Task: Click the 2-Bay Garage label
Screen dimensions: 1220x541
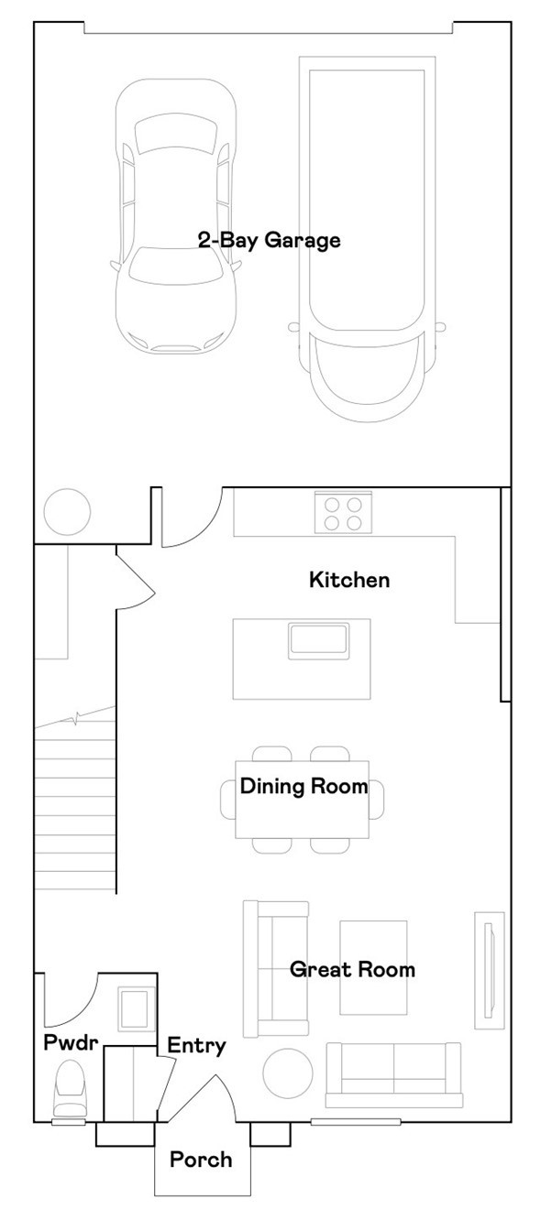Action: click(x=269, y=241)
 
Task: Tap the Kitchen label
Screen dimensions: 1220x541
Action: click(x=348, y=580)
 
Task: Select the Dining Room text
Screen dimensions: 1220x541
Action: click(x=304, y=787)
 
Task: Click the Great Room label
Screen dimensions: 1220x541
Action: click(x=352, y=969)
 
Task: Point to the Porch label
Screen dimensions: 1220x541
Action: click(x=201, y=1160)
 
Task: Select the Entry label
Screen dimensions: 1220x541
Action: click(x=196, y=1046)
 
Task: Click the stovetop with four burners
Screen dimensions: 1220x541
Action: click(x=343, y=513)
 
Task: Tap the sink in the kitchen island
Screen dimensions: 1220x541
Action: click(x=318, y=639)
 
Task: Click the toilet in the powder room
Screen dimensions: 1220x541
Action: click(x=71, y=1088)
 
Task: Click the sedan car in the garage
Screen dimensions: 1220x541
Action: click(x=175, y=220)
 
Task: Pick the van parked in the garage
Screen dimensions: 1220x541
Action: click(x=365, y=238)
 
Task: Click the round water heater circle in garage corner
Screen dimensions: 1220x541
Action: click(x=68, y=510)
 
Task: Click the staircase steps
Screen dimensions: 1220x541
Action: click(x=75, y=806)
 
